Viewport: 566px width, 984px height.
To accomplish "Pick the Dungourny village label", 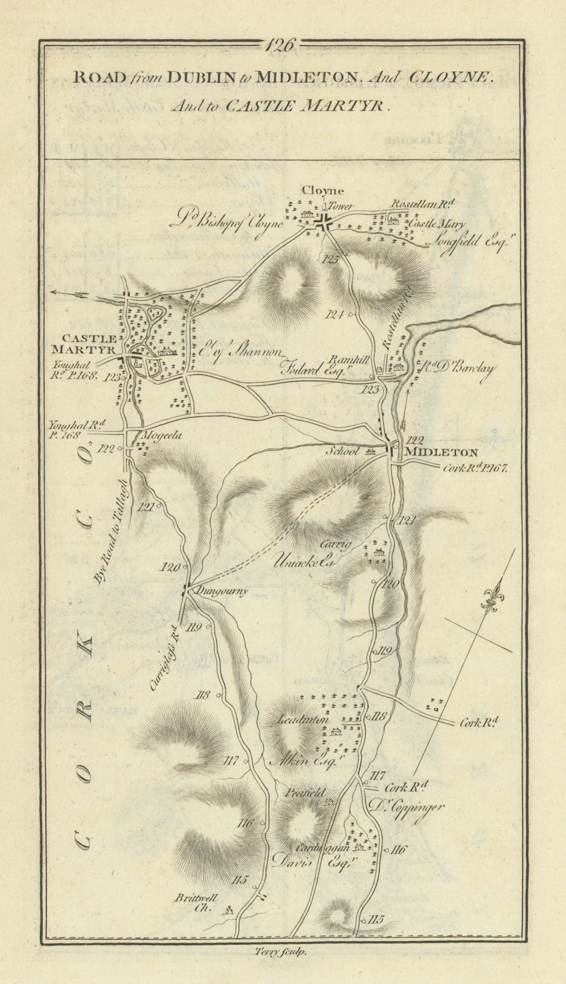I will tap(223, 592).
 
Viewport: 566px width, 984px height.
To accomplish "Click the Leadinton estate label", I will tap(304, 720).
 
